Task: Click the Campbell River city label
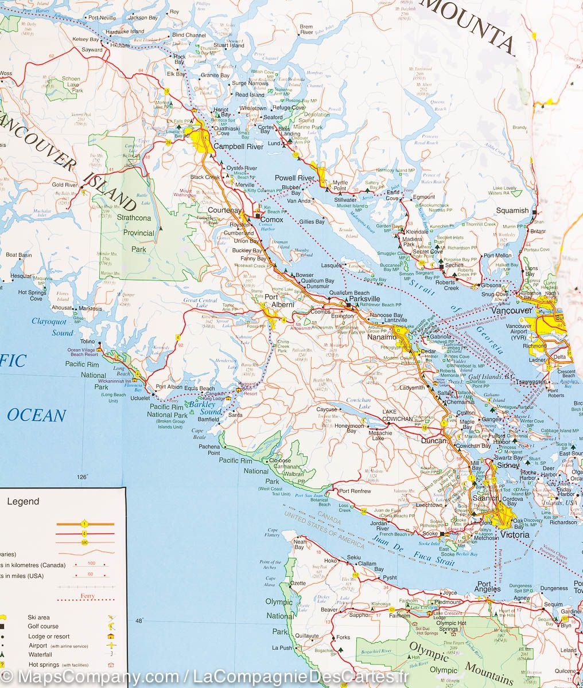[x=238, y=147]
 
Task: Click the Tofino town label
[x=88, y=342]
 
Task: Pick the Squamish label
[x=512, y=210]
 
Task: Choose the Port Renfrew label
[x=355, y=491]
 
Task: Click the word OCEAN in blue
[x=37, y=416]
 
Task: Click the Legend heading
[x=23, y=501]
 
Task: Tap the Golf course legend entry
[x=43, y=627]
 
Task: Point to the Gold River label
[x=64, y=185]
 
